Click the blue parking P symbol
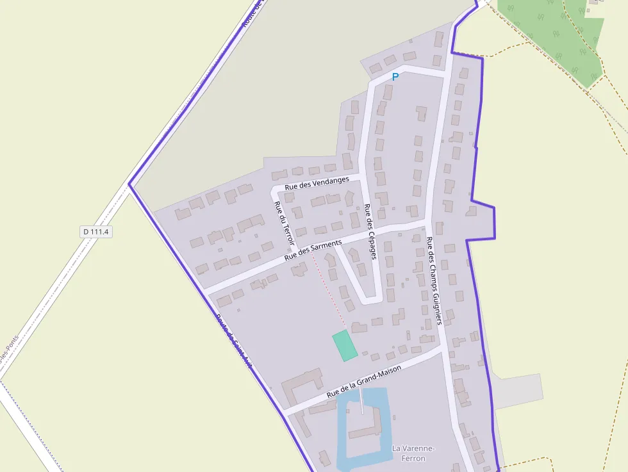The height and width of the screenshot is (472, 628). [395, 77]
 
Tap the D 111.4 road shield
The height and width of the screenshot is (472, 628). [96, 232]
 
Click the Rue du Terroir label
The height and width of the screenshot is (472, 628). [283, 224]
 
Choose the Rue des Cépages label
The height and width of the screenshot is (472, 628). [369, 231]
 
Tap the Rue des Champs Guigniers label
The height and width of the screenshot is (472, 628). [434, 281]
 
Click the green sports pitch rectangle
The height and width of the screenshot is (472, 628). [345, 345]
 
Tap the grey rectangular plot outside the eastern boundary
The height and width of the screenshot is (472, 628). [518, 391]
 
